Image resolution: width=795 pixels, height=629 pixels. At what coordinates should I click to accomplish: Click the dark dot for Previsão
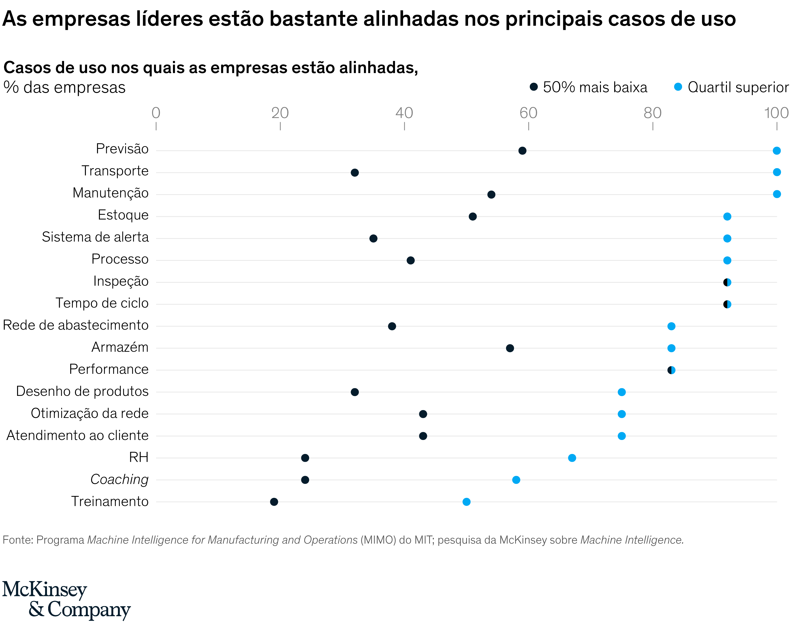point(522,151)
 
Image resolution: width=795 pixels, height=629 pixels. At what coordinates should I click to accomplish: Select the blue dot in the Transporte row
point(776,172)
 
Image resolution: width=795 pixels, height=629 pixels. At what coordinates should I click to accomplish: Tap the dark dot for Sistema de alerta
point(373,239)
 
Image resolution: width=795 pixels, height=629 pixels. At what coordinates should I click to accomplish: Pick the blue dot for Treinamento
point(466,502)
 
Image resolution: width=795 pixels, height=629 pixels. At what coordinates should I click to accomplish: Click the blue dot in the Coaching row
point(516,480)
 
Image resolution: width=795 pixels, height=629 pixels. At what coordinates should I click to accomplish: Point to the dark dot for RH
point(305,458)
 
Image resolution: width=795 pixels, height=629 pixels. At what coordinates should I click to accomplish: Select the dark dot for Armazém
point(510,348)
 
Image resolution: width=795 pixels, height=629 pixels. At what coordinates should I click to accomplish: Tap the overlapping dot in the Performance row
point(671,370)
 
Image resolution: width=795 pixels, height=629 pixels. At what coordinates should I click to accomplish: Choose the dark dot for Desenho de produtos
point(355,392)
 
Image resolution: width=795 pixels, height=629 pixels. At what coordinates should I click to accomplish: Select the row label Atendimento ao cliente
point(77,435)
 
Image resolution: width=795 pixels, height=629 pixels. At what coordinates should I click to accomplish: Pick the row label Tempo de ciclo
point(102,303)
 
